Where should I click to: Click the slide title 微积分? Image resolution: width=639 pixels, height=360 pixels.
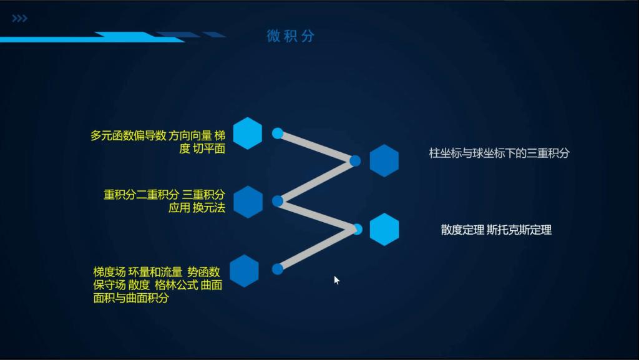tap(291, 36)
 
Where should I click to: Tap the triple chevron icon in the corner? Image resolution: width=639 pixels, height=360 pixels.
tap(19, 18)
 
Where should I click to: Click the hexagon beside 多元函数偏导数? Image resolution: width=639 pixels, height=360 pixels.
tap(247, 133)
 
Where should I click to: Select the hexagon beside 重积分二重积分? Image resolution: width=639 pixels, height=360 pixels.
tap(248, 202)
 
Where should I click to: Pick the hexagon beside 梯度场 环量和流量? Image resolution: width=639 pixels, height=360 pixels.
tap(244, 271)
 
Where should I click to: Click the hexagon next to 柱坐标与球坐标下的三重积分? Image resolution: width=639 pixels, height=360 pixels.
tap(384, 160)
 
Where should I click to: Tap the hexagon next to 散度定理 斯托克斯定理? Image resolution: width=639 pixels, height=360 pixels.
tap(384, 229)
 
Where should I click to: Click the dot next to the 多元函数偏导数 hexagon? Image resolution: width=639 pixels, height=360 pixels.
tap(278, 133)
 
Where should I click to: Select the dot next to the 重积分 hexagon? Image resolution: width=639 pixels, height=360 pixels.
tap(278, 201)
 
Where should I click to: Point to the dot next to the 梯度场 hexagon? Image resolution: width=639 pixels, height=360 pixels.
tap(278, 269)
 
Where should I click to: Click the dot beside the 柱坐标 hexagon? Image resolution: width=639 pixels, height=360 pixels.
tap(355, 161)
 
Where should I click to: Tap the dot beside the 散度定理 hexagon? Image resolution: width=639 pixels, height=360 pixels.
tap(358, 229)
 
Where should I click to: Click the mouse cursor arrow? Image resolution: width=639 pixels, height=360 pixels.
tap(336, 280)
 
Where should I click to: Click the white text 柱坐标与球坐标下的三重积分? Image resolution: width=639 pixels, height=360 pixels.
tap(499, 153)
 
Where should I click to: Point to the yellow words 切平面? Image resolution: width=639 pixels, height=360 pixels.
tap(209, 148)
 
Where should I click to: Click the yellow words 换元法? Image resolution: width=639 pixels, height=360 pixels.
tap(209, 207)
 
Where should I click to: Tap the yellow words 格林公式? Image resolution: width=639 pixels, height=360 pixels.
tap(177, 285)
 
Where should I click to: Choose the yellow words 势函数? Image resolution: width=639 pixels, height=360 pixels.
tap(203, 272)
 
